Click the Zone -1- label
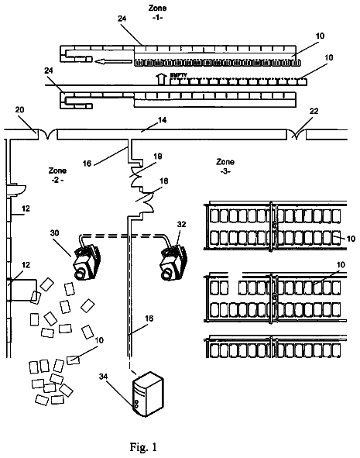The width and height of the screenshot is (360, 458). coord(157,12)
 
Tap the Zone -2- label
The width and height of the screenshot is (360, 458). coord(57,174)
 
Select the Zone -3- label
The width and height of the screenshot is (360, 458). coord(225,166)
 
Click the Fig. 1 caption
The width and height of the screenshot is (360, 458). coord(143,446)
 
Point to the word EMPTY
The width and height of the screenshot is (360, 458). coord(178,75)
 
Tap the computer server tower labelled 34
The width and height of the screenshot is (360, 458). coord(148,394)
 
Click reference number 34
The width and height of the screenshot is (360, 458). coord(103,377)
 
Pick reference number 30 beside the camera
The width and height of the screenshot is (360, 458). coord(54,232)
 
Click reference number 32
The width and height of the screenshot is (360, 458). coord(181,224)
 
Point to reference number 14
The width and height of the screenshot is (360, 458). coord(163,120)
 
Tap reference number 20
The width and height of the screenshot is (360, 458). coord(19,109)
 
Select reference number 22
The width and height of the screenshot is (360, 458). coord(314,111)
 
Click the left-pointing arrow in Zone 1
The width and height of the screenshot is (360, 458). coord(114,61)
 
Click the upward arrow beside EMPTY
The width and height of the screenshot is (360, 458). coord(160,79)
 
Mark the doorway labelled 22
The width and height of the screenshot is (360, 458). coord(296,135)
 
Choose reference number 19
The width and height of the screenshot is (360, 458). coord(158,157)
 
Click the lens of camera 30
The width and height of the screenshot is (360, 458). coord(80,274)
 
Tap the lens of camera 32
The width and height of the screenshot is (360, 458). coord(166,274)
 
